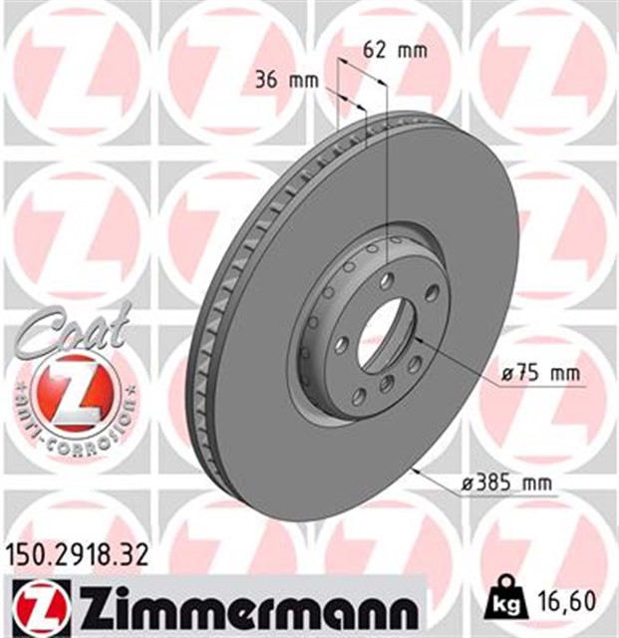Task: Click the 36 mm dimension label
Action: (287, 81)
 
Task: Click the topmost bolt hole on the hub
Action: (386, 281)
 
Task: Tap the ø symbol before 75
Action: (506, 373)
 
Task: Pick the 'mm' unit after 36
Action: (302, 81)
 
